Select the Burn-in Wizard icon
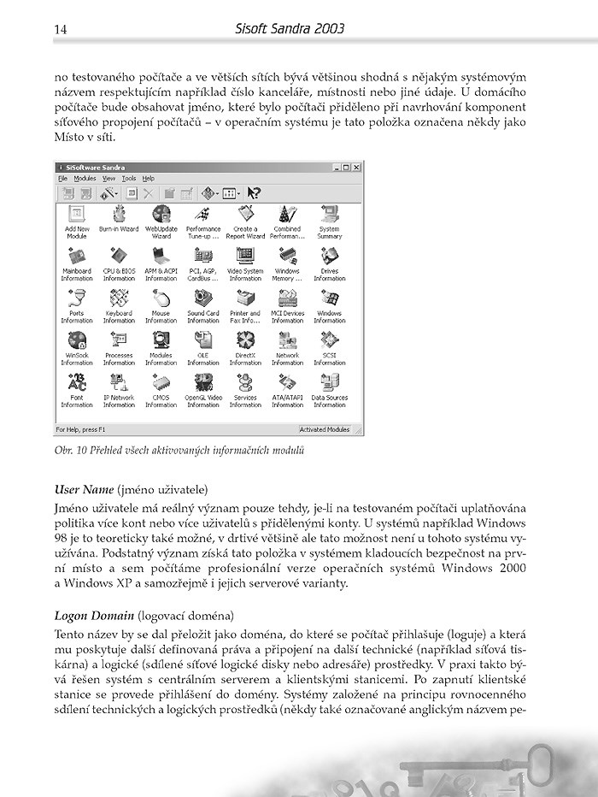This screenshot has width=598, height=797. [119, 215]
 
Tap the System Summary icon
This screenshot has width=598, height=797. [329, 215]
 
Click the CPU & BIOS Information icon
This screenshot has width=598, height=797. [119, 257]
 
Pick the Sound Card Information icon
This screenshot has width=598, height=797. [203, 298]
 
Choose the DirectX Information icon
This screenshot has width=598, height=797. [245, 340]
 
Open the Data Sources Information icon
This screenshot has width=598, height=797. [329, 382]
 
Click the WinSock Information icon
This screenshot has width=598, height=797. [77, 340]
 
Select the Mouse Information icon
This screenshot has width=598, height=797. [161, 298]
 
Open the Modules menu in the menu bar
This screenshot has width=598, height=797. [85, 178]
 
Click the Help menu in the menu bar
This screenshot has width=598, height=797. [149, 178]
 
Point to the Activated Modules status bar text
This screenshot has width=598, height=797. [329, 429]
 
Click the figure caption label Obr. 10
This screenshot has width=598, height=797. [71, 450]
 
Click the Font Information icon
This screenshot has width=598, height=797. [77, 382]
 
